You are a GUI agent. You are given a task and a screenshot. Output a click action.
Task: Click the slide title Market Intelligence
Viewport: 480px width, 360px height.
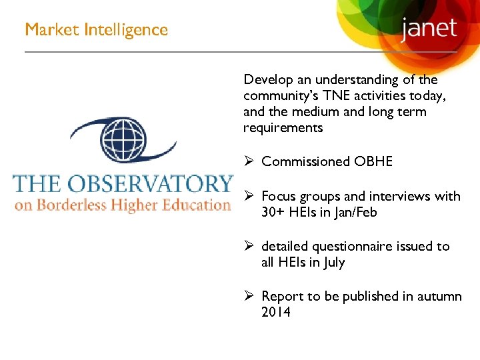(96, 30)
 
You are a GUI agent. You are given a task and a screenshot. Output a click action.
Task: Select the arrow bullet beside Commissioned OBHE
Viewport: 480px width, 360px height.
(249, 161)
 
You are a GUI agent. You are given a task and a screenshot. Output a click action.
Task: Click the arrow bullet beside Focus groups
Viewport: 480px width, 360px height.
(249, 196)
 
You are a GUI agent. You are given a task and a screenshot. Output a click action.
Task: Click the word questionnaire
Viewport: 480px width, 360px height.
(344, 247)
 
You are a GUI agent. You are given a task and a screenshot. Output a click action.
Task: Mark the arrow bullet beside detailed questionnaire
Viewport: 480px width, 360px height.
(249, 247)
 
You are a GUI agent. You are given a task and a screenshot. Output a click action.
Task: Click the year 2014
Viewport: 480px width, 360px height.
(276, 312)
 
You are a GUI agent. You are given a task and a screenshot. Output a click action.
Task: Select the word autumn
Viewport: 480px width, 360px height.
(439, 296)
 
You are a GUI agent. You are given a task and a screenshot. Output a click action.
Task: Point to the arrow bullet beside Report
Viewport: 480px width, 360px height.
(249, 296)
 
